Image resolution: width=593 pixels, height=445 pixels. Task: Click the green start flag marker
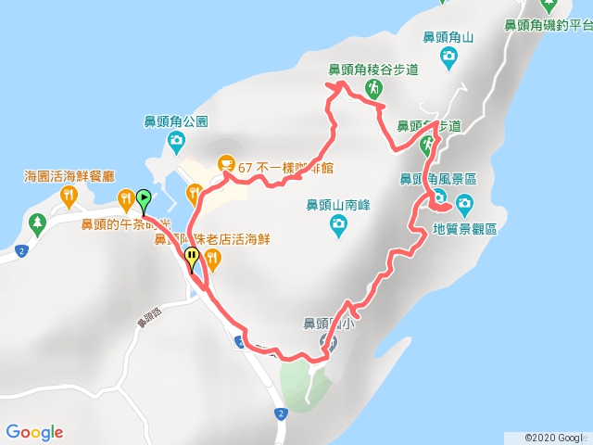[x=145, y=197]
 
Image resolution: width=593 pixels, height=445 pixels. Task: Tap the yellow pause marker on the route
[x=192, y=257]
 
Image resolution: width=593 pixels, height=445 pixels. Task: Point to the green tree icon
[x=37, y=222]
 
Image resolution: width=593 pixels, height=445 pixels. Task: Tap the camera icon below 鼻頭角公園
[x=176, y=142]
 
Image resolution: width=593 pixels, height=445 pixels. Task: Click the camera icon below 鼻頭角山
[x=448, y=58]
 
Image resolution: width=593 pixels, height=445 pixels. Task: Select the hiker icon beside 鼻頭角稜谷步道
[x=372, y=88]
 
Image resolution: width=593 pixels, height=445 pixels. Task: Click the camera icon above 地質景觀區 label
[x=463, y=203]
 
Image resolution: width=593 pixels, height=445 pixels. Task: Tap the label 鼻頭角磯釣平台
[x=547, y=25]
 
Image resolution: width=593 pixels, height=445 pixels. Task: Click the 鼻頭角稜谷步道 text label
[x=373, y=69]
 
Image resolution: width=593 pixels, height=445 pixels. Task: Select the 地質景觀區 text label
[x=465, y=227]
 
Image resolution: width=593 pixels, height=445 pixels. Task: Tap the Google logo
[x=34, y=432]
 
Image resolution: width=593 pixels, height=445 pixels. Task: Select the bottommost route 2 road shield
[x=280, y=413]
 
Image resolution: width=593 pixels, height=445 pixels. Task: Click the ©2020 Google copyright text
[x=554, y=437]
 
